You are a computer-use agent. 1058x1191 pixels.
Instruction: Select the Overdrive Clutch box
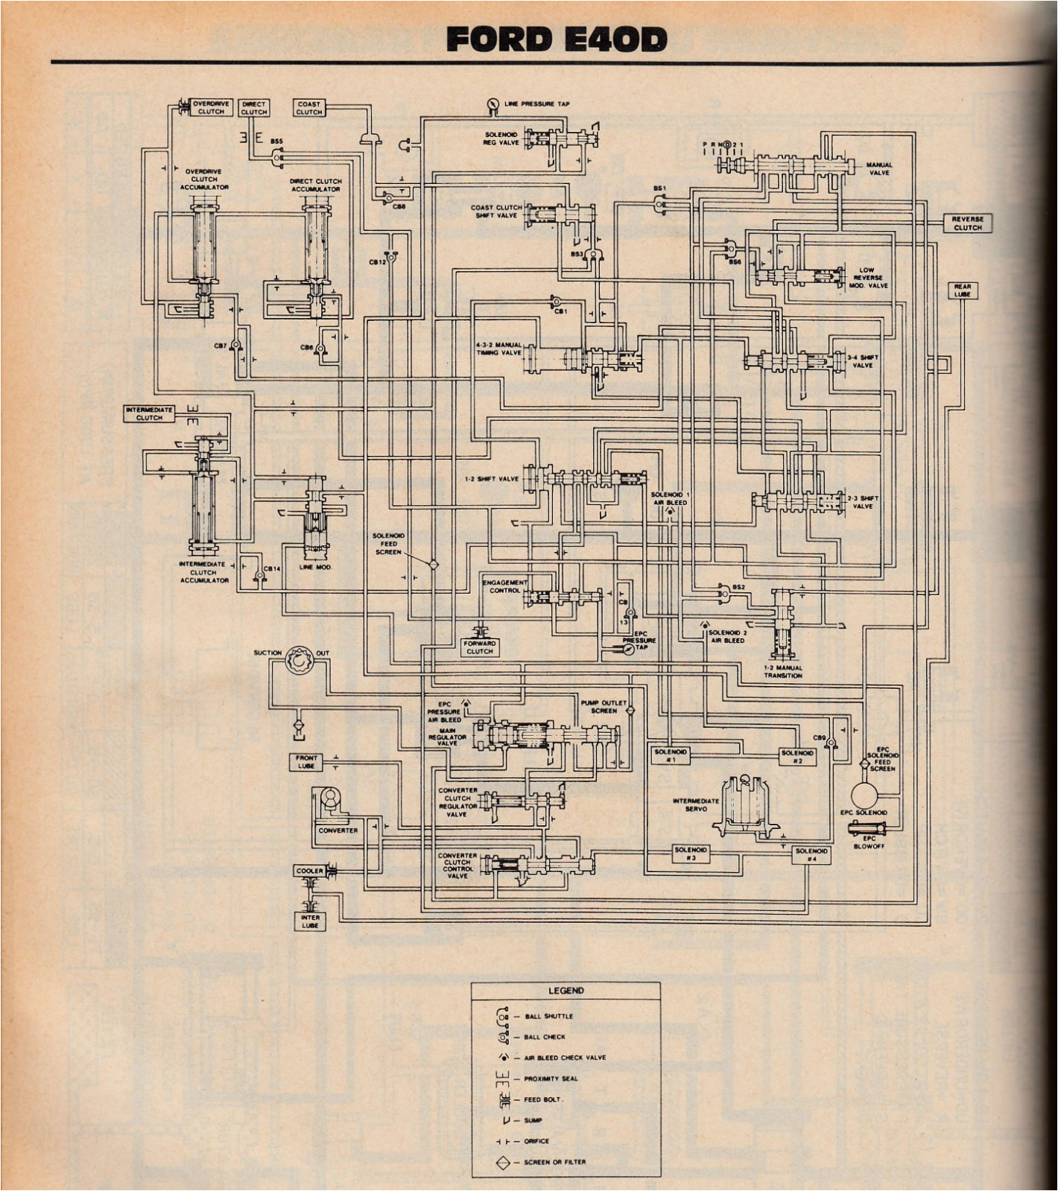(x=211, y=107)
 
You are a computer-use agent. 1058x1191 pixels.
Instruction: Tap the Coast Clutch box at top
(x=308, y=108)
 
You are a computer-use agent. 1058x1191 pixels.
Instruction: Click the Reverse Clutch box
(x=967, y=223)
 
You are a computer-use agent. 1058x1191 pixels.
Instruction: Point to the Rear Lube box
(x=963, y=290)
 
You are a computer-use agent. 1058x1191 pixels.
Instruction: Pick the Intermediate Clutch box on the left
(x=149, y=413)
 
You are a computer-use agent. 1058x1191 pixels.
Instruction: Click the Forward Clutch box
(x=479, y=647)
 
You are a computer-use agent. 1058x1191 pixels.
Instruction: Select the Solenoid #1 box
(x=670, y=755)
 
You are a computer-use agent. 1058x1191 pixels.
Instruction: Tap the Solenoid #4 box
(x=811, y=854)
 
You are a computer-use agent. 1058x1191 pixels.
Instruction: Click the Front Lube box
(x=306, y=761)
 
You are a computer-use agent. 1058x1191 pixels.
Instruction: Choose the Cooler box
(x=309, y=870)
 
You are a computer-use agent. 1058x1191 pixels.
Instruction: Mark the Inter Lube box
(x=310, y=921)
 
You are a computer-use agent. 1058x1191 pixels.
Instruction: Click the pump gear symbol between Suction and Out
(x=300, y=659)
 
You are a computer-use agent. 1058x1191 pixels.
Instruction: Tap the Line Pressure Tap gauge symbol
(x=492, y=105)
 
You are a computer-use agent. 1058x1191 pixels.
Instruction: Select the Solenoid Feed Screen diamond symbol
(x=433, y=564)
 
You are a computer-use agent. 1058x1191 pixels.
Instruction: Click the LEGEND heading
(x=566, y=990)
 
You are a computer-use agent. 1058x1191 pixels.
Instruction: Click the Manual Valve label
(x=878, y=168)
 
